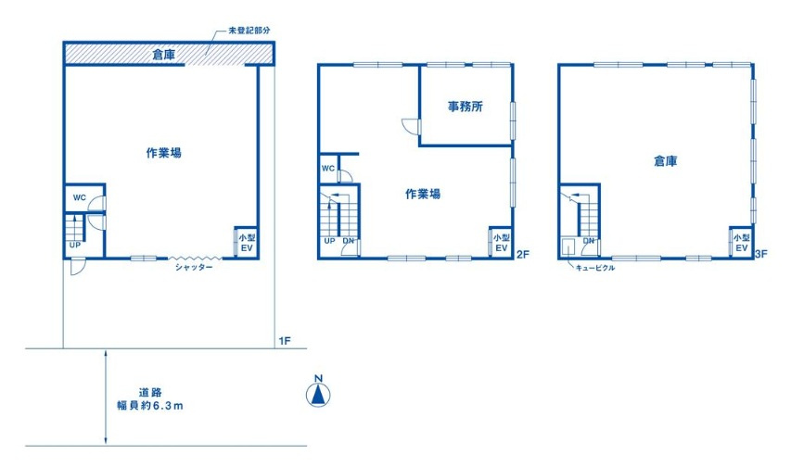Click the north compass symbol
point(317,395)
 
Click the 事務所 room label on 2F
point(466,107)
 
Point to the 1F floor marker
point(285,341)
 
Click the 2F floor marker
point(522,253)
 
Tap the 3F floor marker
point(761,253)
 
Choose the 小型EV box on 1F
point(246,243)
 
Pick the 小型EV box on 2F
point(501,243)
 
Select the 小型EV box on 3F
point(741,243)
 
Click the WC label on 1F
point(80,198)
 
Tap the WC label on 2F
point(327,169)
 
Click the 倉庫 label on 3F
point(665,161)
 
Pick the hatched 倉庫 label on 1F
point(164,56)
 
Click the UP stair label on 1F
point(72,245)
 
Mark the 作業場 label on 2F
point(422,195)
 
